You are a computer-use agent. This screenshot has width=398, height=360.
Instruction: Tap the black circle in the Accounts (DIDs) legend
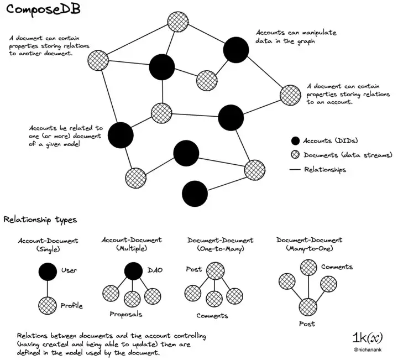pyautogui.click(x=296, y=140)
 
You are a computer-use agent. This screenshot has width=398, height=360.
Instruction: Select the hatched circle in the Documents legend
pyautogui.click(x=296, y=155)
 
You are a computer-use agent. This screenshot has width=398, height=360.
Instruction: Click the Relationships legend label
pyautogui.click(x=325, y=169)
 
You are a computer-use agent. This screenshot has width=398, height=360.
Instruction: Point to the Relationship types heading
pyautogui.click(x=40, y=220)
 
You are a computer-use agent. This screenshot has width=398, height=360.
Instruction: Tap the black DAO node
pyautogui.click(x=133, y=270)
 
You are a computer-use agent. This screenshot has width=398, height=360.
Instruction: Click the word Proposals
pyautogui.click(x=125, y=314)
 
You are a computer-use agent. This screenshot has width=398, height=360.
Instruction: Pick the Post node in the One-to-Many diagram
pyautogui.click(x=215, y=270)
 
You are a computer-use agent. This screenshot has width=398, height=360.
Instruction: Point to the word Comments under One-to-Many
pyautogui.click(x=212, y=316)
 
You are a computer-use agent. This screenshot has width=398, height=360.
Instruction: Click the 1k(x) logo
pyautogui.click(x=368, y=337)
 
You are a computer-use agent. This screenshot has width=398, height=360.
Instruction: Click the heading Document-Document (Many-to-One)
pyautogui.click(x=309, y=244)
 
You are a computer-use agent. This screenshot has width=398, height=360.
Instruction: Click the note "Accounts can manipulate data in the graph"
pyautogui.click(x=296, y=37)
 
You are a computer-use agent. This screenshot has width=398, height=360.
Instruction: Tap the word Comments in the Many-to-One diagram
pyautogui.click(x=336, y=267)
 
